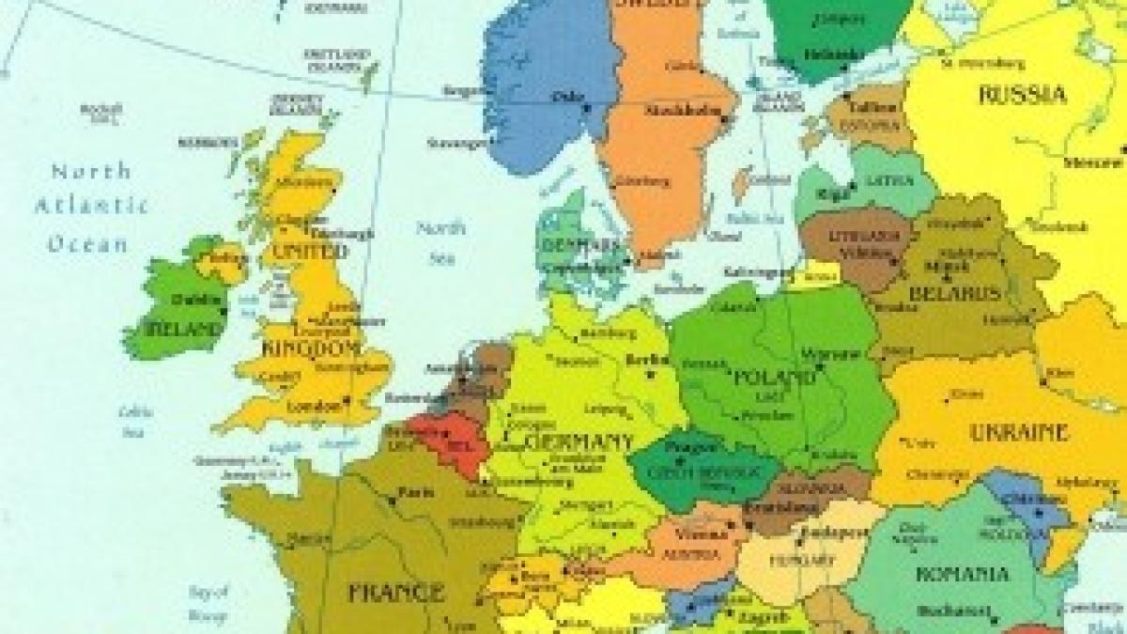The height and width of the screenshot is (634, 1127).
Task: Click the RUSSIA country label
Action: pyautogui.click(x=1023, y=95)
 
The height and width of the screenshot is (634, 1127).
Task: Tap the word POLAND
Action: pyautogui.click(x=776, y=378)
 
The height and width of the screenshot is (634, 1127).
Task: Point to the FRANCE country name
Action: pyautogui.click(x=395, y=593)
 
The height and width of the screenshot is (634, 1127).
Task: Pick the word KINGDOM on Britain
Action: pyautogui.click(x=314, y=348)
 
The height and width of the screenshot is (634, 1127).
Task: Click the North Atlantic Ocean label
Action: pyautogui.click(x=91, y=207)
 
